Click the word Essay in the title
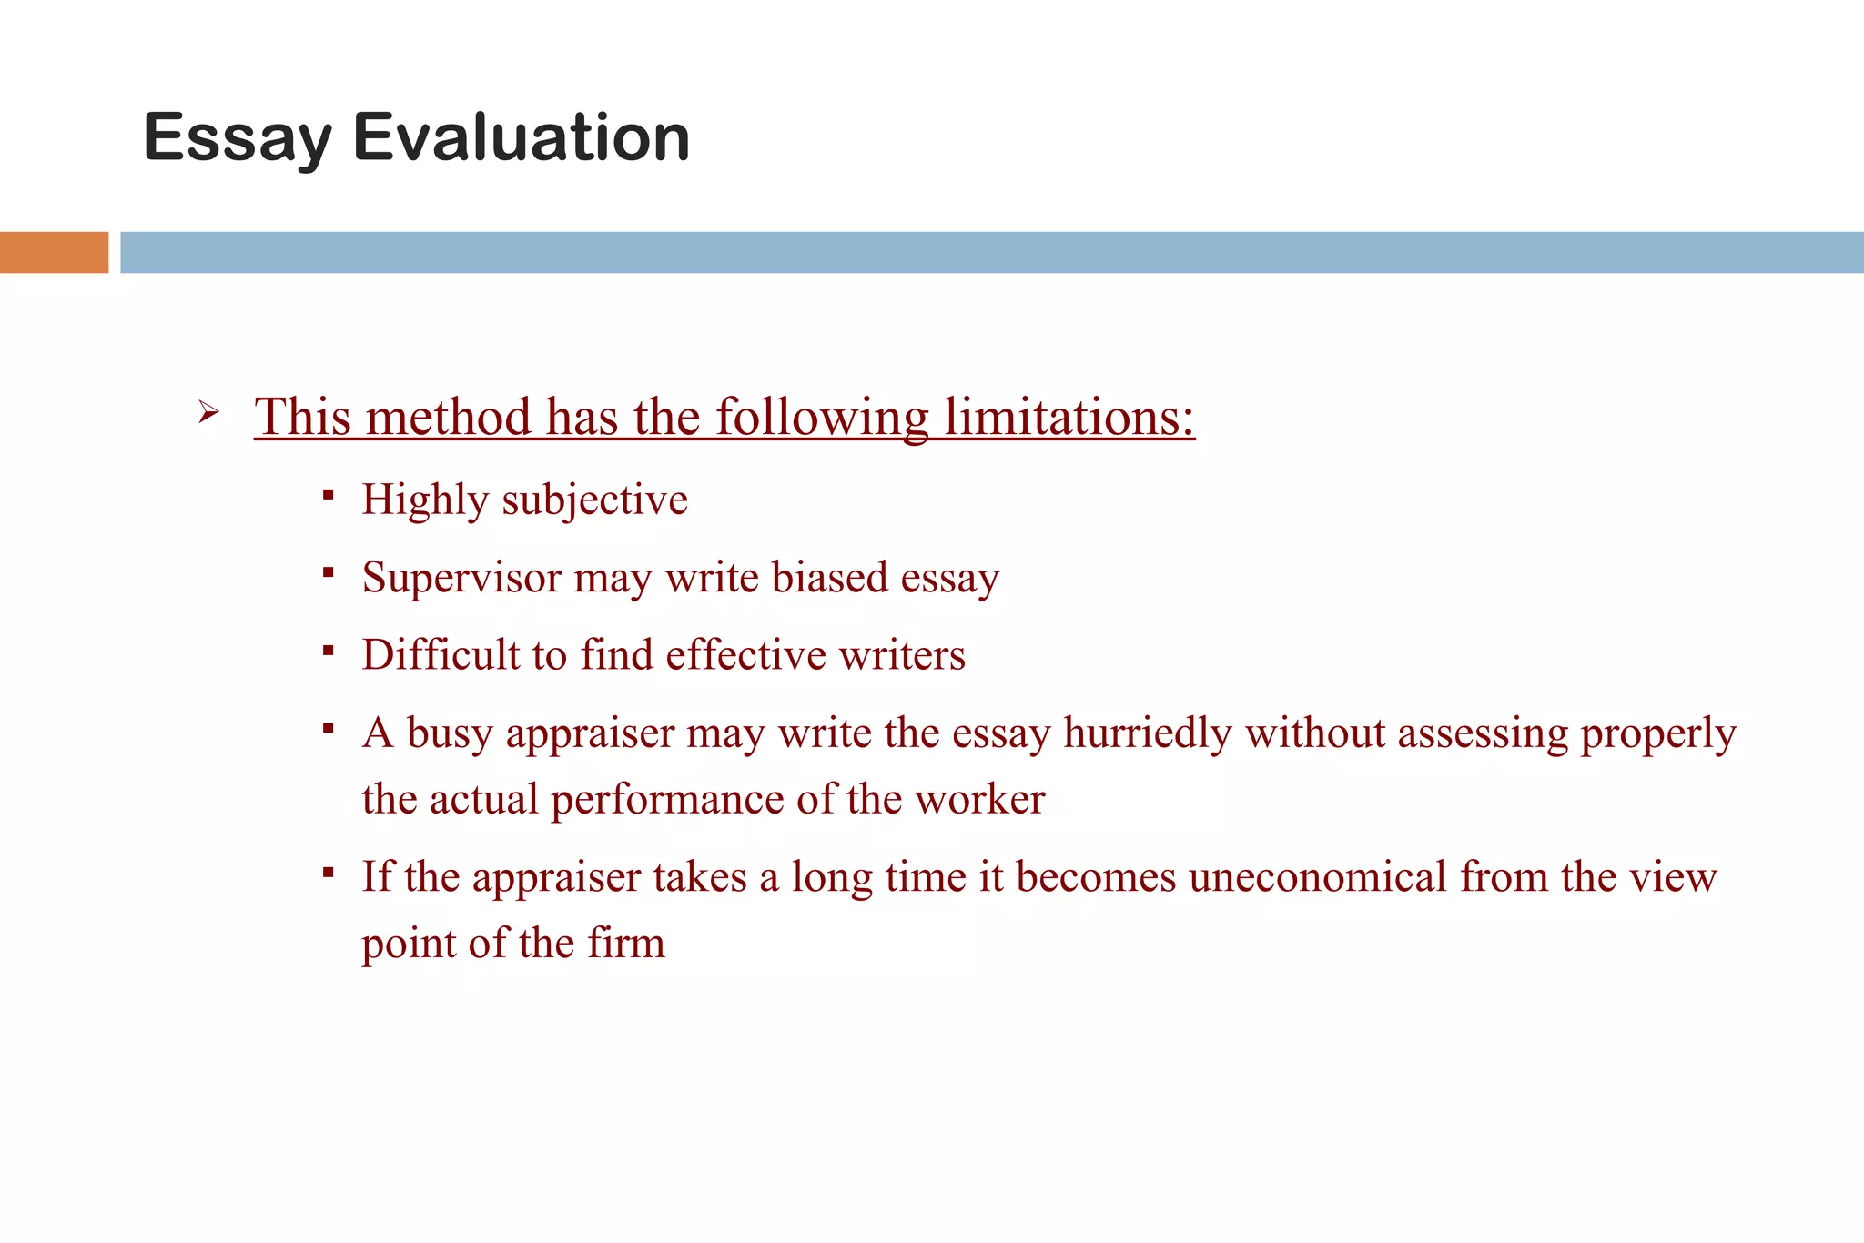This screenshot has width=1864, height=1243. (238, 138)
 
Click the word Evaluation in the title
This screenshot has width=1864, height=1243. (521, 138)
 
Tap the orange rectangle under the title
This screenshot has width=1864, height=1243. (54, 252)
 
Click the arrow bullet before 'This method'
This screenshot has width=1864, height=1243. (208, 413)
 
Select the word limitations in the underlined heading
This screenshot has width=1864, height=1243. (1069, 417)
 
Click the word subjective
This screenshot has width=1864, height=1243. (594, 500)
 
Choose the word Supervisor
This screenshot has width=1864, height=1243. (461, 578)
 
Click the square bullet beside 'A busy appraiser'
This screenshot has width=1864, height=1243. (329, 728)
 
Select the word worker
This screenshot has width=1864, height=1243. (979, 799)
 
